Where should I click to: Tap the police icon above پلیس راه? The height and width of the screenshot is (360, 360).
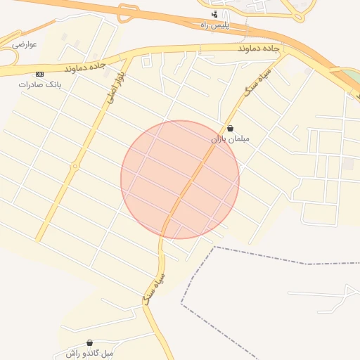(x=214, y=14)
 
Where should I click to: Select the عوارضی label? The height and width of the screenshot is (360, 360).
(x=24, y=44)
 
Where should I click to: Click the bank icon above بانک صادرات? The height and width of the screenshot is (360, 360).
(x=39, y=73)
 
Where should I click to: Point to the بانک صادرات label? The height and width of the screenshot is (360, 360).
(x=40, y=84)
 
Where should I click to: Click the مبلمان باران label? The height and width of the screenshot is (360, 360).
(x=230, y=139)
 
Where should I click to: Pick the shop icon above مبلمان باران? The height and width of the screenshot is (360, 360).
(x=231, y=129)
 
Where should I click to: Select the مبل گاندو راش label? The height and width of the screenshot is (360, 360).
(x=89, y=352)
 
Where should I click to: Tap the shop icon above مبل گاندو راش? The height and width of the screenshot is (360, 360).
(x=89, y=342)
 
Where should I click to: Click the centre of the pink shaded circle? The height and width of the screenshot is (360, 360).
(x=180, y=179)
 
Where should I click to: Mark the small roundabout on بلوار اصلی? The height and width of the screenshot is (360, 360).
(x=75, y=167)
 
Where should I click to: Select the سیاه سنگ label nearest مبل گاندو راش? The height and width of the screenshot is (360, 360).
(x=154, y=288)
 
